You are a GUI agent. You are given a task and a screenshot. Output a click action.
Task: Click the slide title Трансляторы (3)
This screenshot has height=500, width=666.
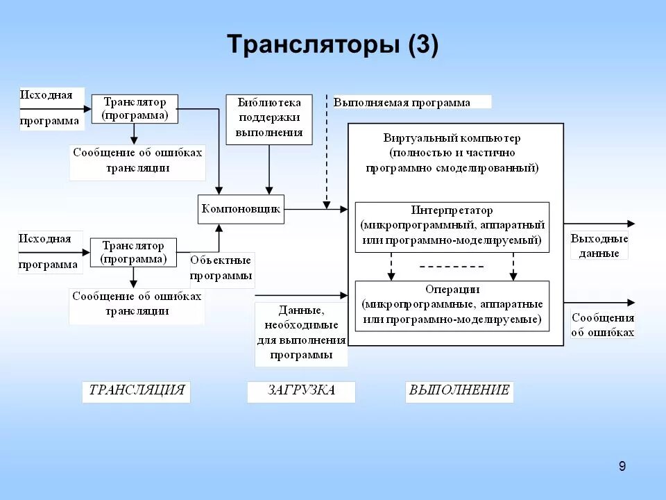(332, 45)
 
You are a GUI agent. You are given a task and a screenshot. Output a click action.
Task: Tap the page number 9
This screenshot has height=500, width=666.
(622, 466)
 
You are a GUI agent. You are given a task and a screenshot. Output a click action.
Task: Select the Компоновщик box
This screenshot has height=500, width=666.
(241, 208)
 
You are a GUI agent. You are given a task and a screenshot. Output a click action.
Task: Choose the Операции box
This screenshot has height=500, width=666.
(452, 306)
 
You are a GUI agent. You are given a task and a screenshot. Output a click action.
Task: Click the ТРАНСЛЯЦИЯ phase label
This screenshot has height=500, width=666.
(136, 391)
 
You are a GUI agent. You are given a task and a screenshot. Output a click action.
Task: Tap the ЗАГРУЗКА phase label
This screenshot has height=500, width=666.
(301, 391)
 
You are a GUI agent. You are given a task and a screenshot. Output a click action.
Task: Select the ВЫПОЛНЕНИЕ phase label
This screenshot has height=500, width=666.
(459, 391)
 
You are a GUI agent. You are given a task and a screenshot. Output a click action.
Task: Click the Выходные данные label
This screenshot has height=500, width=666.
(599, 246)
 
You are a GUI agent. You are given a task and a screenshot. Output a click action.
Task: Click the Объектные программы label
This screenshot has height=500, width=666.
(222, 268)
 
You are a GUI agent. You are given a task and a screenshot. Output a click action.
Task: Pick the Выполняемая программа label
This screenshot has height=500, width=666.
(402, 103)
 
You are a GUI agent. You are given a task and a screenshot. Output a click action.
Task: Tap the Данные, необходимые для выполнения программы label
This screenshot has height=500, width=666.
(301, 333)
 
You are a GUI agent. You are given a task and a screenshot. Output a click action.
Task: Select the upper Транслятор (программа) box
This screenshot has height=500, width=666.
(135, 109)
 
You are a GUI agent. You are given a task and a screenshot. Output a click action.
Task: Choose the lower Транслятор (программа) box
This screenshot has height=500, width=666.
(133, 253)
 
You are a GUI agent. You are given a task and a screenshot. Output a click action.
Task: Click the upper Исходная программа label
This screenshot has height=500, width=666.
(49, 108)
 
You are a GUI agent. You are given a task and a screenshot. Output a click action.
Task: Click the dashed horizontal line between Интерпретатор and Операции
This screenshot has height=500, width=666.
(452, 267)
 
